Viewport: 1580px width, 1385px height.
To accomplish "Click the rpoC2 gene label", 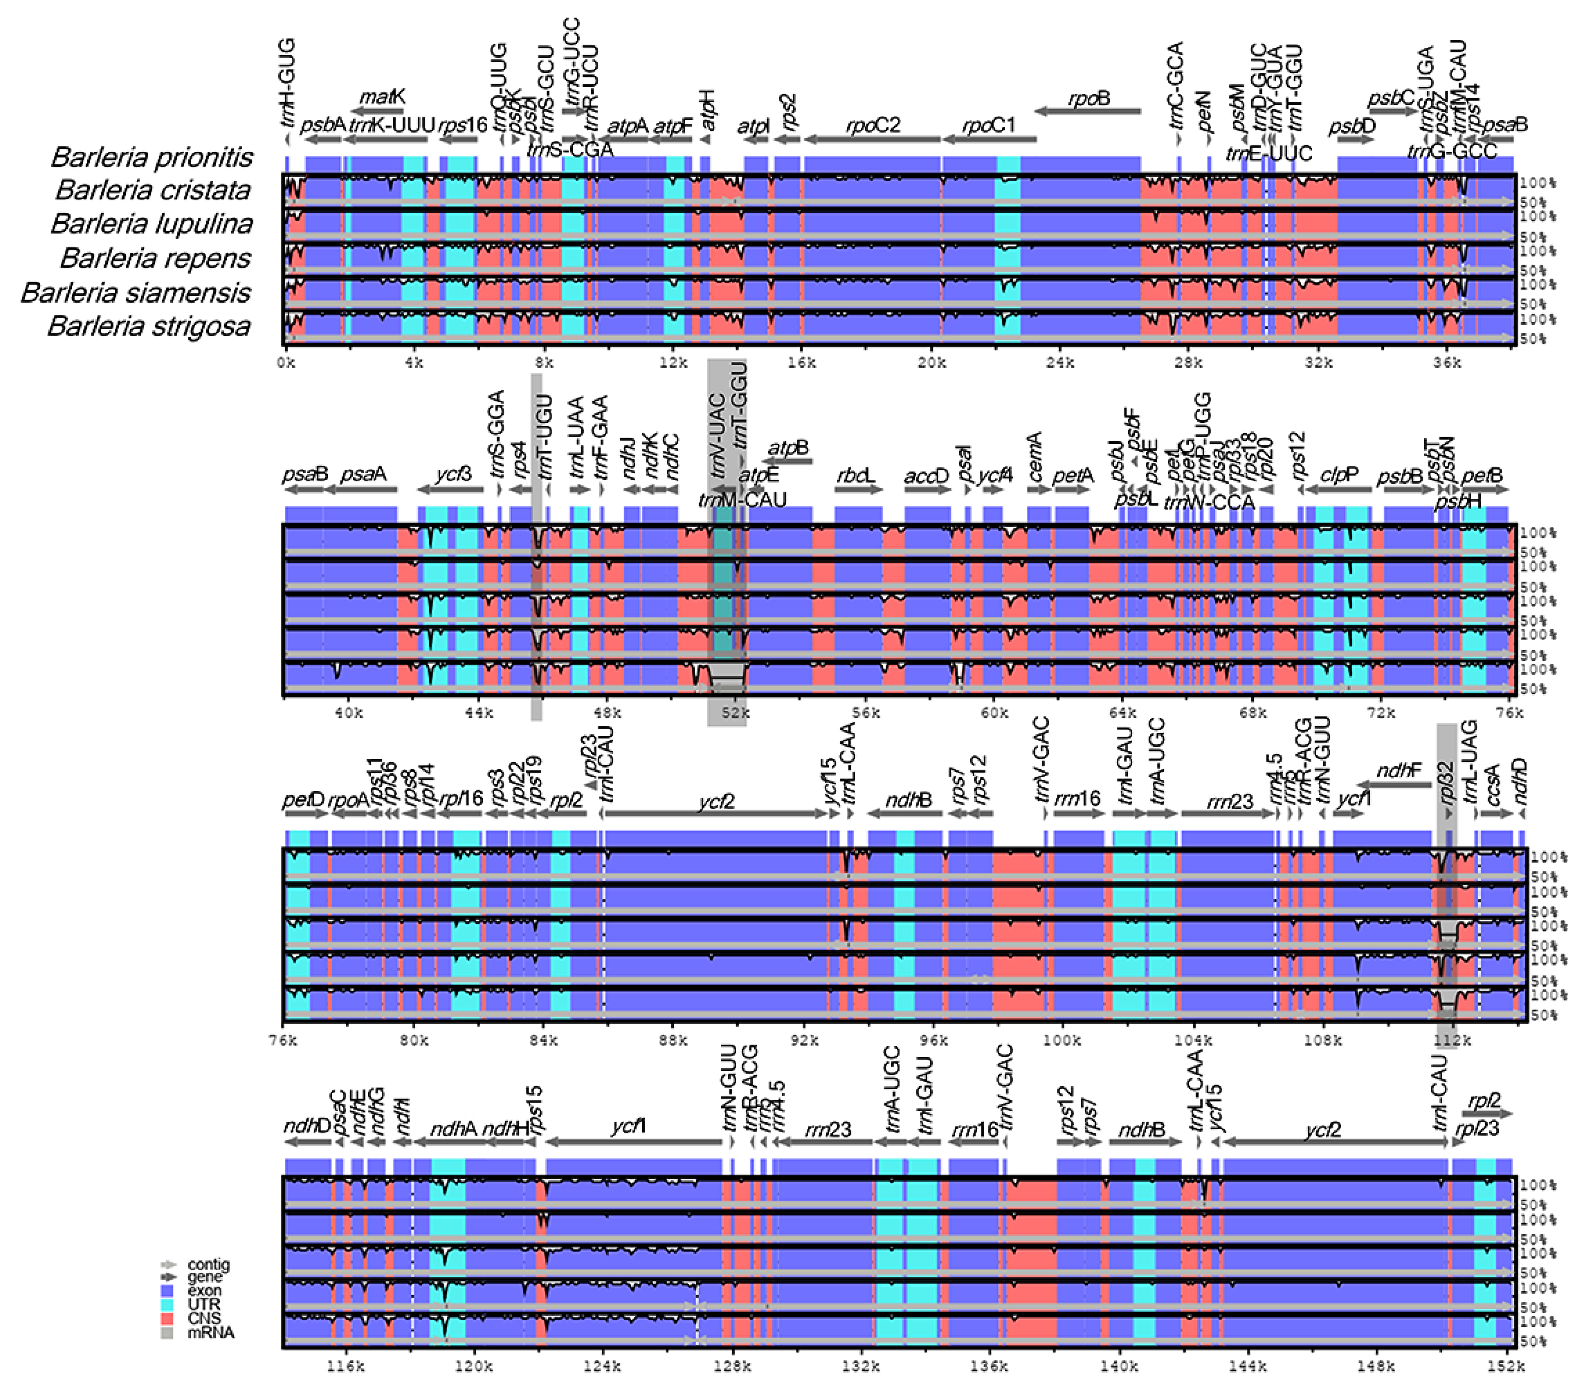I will coord(873,125).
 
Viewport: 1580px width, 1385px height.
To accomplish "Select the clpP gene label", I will coord(1339,476).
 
